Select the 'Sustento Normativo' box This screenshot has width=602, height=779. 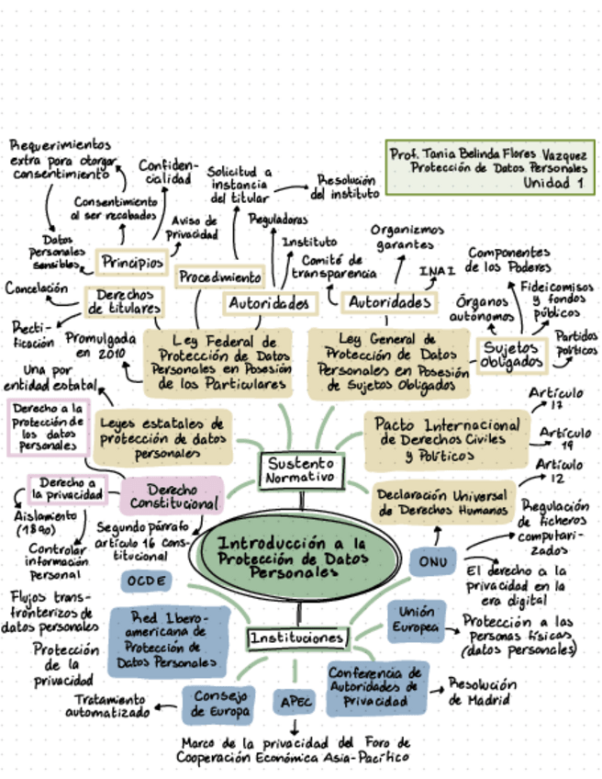300,471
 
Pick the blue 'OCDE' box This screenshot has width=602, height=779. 147,581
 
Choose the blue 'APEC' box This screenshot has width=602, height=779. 295,703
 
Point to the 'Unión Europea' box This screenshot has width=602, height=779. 417,619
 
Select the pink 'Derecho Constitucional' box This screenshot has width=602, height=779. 172,496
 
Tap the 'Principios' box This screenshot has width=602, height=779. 131,262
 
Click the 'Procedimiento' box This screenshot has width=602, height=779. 219,277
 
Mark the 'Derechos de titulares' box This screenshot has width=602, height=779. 124,300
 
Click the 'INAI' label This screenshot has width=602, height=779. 438,271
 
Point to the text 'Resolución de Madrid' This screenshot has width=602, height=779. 482,692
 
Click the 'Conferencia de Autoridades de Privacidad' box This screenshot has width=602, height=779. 376,686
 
